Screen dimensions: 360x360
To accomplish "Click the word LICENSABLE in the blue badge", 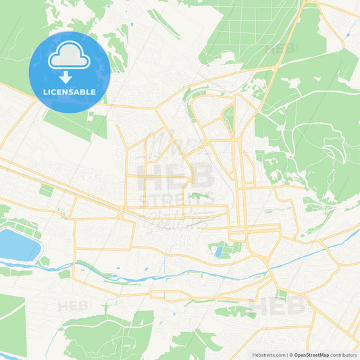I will tap(70, 91).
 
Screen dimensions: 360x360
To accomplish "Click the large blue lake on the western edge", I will tap(17, 244).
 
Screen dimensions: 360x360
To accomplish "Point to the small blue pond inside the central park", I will tap(218, 252).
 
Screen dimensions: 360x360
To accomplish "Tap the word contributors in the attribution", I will tap(344, 355).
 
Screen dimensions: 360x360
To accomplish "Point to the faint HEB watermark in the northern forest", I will tap(282, 49).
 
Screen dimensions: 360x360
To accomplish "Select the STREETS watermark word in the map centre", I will tap(177, 199).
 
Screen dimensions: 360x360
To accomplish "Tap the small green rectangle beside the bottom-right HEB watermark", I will tap(281, 295).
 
